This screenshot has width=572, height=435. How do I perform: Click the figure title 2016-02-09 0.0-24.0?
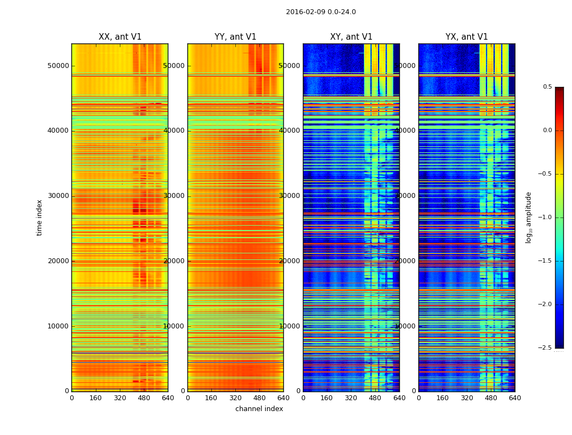321,12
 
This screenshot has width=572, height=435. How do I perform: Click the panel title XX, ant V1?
120,37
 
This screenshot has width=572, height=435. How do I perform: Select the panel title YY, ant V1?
235,37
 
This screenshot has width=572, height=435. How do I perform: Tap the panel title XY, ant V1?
351,37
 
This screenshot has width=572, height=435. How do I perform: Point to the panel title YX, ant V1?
467,37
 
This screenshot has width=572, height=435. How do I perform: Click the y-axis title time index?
39,217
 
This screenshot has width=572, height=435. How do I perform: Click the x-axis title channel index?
259,409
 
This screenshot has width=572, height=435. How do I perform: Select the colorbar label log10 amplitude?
528,217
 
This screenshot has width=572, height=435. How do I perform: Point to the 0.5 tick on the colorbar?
547,87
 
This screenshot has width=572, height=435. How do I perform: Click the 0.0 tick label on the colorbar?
547,130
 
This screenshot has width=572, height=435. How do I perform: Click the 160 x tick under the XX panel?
95,398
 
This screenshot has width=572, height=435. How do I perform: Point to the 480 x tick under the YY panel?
259,398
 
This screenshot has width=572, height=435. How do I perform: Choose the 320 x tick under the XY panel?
351,398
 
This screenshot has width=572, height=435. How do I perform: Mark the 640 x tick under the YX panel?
515,398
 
